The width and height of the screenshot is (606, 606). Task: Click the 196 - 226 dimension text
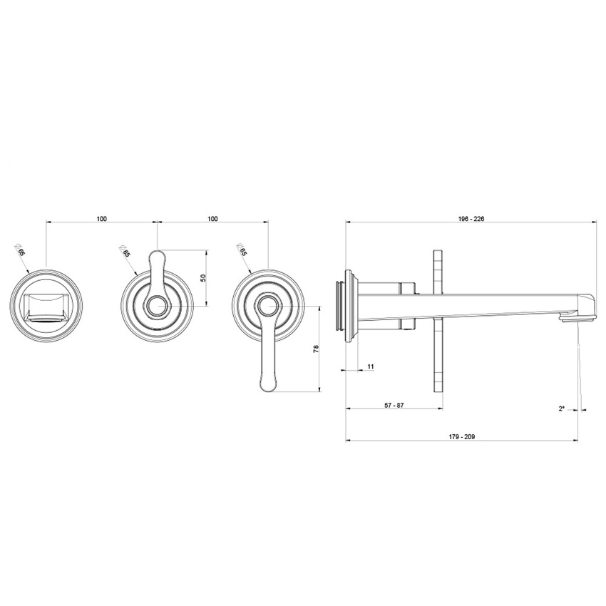pyautogui.click(x=471, y=219)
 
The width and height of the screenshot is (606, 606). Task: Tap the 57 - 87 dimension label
pyautogui.click(x=394, y=405)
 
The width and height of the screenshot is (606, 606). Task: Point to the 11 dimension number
pyautogui.click(x=370, y=366)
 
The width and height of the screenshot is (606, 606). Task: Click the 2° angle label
pyautogui.click(x=562, y=409)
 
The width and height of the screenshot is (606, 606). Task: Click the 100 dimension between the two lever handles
pyautogui.click(x=212, y=219)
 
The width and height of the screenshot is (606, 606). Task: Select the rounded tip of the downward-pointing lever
pyautogui.click(x=267, y=385)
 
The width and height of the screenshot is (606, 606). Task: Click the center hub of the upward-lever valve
pyautogui.click(x=157, y=307)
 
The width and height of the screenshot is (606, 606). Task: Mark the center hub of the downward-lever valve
pyautogui.click(x=267, y=307)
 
